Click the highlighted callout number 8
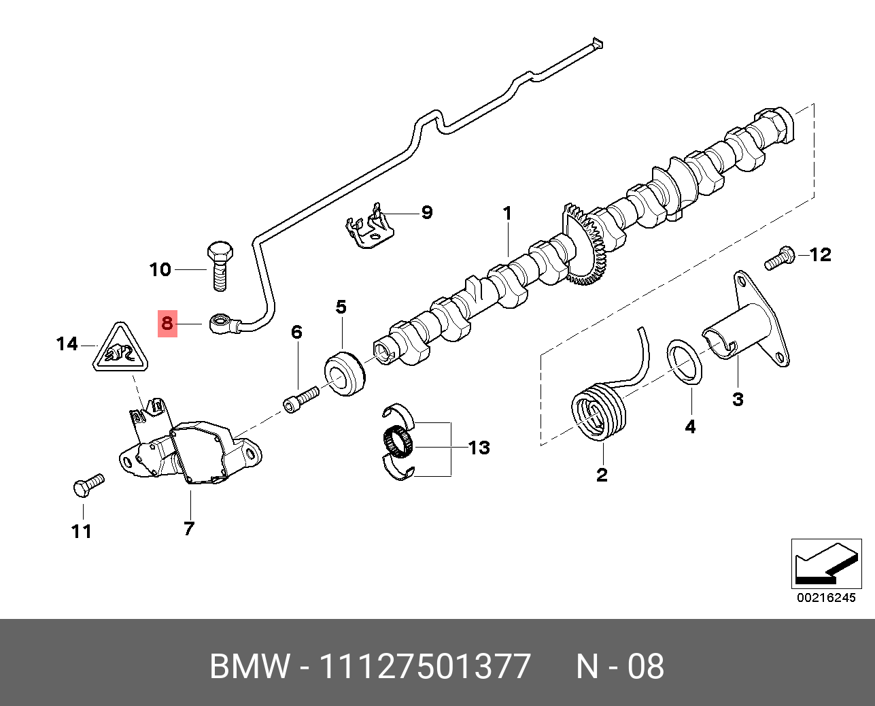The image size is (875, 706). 167,324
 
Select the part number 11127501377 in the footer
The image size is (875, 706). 424,667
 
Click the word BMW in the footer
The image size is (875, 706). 249,667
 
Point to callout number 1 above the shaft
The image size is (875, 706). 507,213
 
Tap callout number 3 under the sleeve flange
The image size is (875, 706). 737,399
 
